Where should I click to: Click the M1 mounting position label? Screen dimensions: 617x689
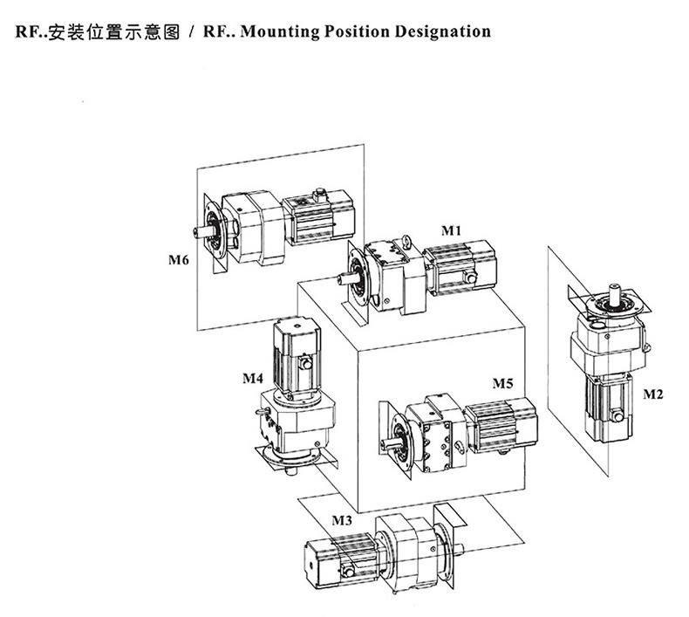pos(449,230)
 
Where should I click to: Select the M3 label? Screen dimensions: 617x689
pos(342,521)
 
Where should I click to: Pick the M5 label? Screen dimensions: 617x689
pos(502,383)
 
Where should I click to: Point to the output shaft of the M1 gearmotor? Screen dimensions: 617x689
pos(342,278)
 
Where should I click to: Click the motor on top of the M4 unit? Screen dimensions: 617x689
pos(294,349)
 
